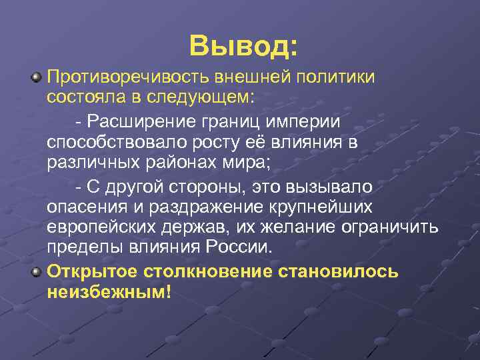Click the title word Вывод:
[x=243, y=45]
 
